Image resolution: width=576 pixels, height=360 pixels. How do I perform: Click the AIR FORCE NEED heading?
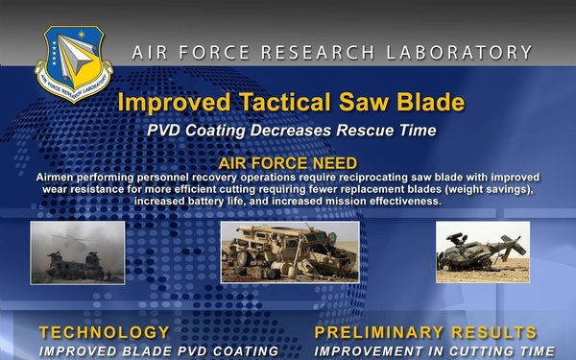[288, 163]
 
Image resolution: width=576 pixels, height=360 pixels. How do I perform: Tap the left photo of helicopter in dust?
[70, 252]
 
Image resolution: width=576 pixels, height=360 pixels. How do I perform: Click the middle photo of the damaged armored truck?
[290, 252]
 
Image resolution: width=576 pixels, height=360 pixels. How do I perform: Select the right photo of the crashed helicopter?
[483, 252]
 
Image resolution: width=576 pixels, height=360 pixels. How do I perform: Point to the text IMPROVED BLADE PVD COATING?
[158, 351]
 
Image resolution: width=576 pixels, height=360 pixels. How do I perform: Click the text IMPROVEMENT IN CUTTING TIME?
[435, 351]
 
